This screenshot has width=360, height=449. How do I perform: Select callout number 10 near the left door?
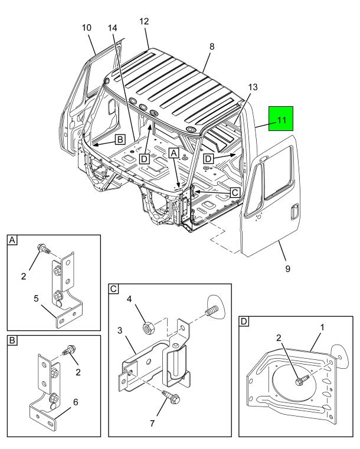[87, 28]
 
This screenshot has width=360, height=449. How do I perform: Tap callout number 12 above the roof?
[145, 22]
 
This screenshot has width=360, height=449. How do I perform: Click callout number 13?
[252, 87]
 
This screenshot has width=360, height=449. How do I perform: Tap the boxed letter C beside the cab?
[234, 192]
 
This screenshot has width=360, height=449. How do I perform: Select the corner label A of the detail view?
[12, 240]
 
